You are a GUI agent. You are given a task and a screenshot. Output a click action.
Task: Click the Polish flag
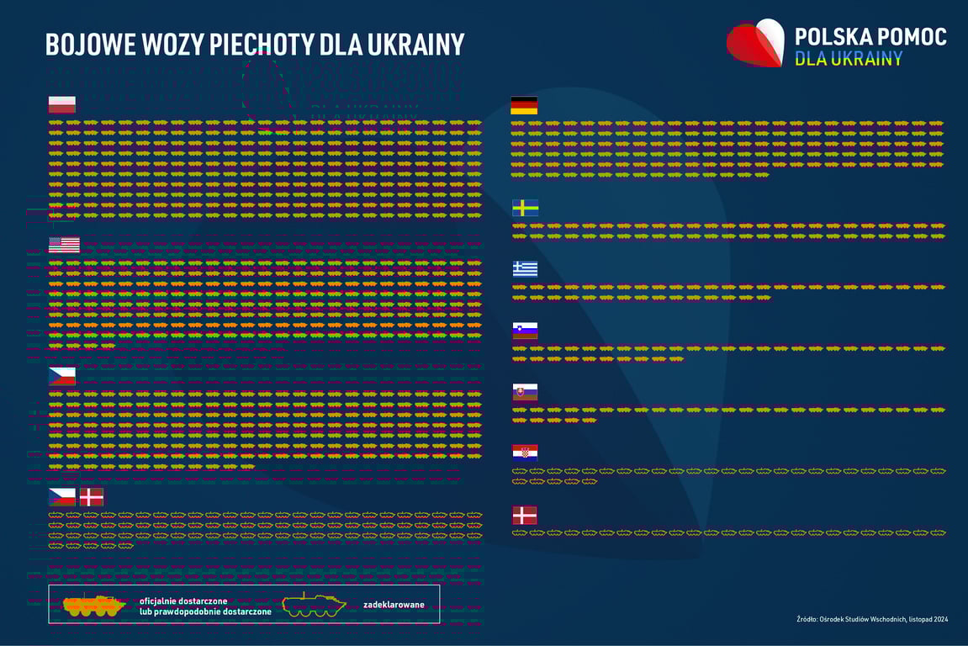(61, 104)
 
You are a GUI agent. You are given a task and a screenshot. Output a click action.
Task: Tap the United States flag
(64, 245)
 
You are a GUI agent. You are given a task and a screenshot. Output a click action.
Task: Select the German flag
(524, 105)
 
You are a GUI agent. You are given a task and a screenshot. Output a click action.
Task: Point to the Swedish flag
(526, 208)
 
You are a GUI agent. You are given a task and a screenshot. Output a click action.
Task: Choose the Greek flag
(526, 269)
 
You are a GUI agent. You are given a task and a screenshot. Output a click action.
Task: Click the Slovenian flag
(525, 331)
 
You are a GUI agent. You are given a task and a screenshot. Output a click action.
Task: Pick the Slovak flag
(525, 392)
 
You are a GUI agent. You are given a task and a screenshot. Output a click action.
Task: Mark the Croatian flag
(525, 453)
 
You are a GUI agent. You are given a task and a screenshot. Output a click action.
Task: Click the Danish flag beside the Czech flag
(92, 496)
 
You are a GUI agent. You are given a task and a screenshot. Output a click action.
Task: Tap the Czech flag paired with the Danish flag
(61, 496)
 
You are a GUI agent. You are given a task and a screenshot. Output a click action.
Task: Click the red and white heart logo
(755, 44)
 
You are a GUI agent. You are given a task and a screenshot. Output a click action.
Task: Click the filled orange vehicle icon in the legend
(93, 604)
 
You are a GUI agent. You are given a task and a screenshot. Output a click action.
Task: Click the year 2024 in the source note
(939, 620)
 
